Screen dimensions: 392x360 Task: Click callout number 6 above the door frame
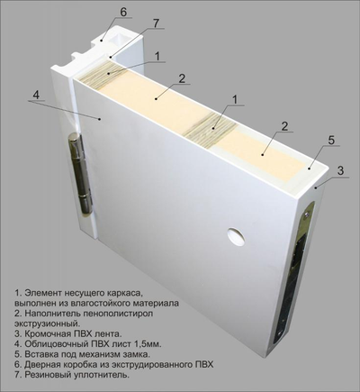(x=123, y=13)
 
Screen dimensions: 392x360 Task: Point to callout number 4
(x=36, y=94)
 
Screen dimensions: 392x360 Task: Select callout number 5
(x=331, y=141)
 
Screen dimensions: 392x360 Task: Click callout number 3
(x=340, y=170)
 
